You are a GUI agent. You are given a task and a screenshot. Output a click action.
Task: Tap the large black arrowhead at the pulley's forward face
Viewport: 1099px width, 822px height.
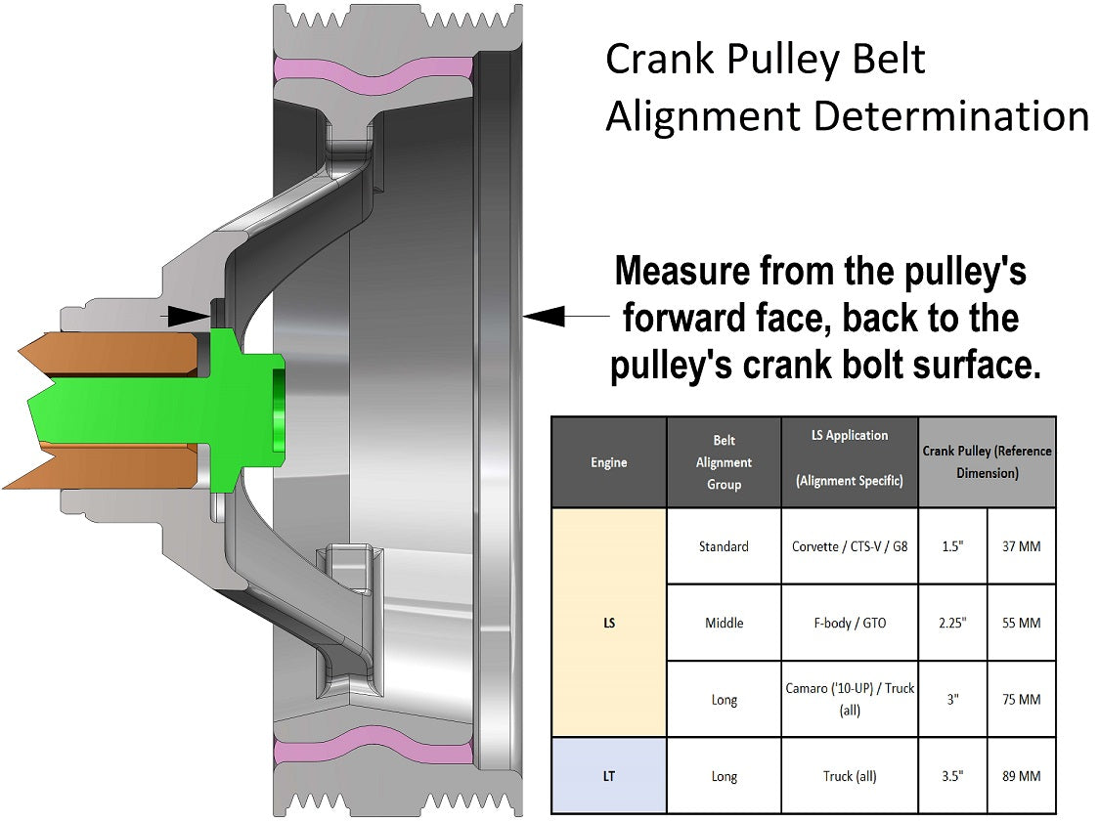[544, 316]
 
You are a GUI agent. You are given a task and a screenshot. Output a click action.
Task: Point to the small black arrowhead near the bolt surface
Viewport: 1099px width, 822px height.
[190, 316]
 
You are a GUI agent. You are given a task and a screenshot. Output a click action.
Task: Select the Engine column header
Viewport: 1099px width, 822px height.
[609, 462]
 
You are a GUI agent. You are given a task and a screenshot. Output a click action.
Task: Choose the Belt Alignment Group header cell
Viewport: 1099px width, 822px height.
[724, 462]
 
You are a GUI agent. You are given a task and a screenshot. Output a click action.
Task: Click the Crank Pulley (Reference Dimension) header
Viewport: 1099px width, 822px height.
[987, 462]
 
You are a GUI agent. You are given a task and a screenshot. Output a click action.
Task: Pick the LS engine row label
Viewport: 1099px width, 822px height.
[609, 623]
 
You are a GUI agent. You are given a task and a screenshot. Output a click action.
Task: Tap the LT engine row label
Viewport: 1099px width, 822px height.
[609, 776]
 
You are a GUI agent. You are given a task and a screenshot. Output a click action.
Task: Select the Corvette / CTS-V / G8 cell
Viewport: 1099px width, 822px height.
[850, 546]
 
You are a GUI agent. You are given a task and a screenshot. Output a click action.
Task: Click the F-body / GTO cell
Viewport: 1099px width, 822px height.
[850, 623]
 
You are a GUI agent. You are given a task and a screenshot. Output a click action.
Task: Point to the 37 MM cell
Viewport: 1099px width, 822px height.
[1021, 546]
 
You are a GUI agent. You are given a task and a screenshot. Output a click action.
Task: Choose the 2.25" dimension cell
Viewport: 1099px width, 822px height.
[952, 623]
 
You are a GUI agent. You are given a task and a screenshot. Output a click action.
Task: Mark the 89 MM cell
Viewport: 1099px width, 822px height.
[1021, 776]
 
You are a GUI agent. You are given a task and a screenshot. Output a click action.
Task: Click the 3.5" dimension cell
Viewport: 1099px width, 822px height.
[952, 776]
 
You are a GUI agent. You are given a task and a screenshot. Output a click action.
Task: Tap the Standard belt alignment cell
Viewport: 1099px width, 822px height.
[724, 546]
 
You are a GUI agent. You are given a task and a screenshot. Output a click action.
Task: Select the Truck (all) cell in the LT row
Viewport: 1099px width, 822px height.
[850, 776]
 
